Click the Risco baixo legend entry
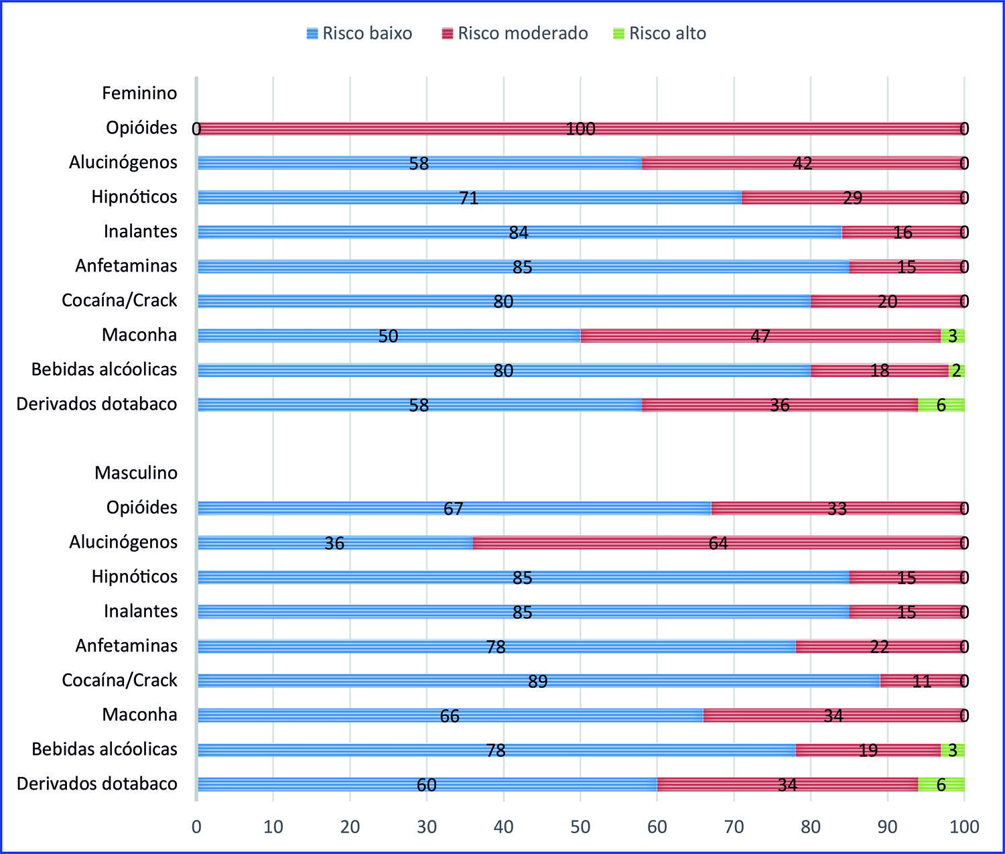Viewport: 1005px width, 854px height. click(x=359, y=34)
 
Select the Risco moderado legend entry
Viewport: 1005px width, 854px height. click(x=515, y=34)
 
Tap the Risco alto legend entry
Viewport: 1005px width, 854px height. click(x=659, y=34)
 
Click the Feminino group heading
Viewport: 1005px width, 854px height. click(x=139, y=93)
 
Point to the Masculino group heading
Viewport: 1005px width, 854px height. click(x=136, y=473)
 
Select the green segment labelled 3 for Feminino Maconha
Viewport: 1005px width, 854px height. click(x=953, y=336)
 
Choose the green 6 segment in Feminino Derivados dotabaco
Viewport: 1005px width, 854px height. click(x=941, y=405)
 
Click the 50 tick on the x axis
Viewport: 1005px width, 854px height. click(x=580, y=827)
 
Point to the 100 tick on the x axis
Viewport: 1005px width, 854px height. click(x=964, y=827)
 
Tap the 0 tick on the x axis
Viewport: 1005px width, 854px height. click(x=196, y=827)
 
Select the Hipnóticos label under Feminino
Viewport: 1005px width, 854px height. click(x=135, y=197)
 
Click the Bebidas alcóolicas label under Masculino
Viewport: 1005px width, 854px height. click(x=105, y=749)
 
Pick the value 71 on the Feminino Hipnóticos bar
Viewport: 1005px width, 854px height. click(x=469, y=198)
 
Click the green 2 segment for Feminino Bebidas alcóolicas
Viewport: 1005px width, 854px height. click(x=957, y=370)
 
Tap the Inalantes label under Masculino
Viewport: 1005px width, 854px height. click(x=141, y=611)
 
